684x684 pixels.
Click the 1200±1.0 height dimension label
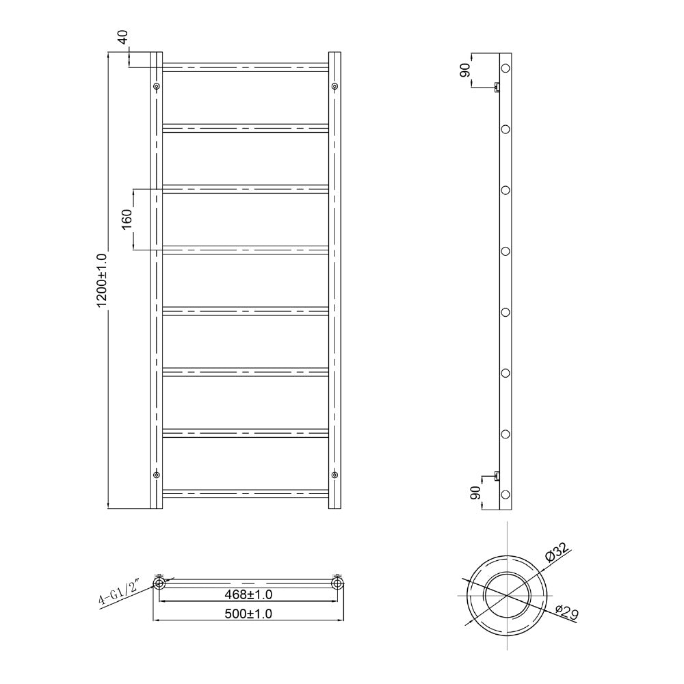point(103,280)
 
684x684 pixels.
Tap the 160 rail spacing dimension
point(127,219)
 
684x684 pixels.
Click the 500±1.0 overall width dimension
point(250,614)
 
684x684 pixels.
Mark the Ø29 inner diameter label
point(567,612)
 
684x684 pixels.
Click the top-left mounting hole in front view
point(157,86)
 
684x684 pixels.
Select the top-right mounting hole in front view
point(334,86)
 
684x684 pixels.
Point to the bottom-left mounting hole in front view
point(157,475)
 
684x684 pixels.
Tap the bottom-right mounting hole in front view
point(334,475)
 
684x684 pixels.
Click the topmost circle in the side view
point(506,68)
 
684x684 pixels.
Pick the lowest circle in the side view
point(506,495)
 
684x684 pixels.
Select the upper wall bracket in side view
point(497,86)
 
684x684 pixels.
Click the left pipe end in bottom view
point(159,583)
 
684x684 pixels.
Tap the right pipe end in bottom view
point(337,583)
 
